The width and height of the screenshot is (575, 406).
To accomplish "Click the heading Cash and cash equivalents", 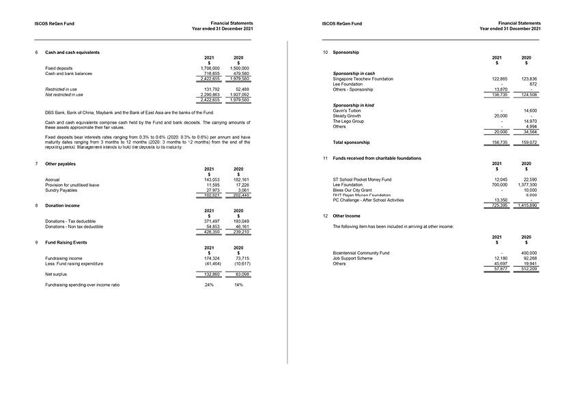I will coord(72,53).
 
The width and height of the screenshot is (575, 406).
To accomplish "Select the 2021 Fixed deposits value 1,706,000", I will coord(210,68).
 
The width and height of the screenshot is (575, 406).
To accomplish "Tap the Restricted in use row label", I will coord(61,89).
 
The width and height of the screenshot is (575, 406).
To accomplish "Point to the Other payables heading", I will coord(60,164).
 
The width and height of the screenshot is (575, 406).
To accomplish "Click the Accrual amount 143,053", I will coord(211,179).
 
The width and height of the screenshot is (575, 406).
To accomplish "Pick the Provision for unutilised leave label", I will coord(72,185).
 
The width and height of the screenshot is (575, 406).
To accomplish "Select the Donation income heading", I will coord(62,205).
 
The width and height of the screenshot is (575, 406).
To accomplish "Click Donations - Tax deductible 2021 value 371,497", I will coord(212,221).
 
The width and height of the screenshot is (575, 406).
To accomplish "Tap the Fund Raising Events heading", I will coord(66,242).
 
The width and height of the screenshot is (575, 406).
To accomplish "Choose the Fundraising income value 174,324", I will coord(212,259).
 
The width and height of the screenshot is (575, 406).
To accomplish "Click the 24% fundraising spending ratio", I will coord(210,285).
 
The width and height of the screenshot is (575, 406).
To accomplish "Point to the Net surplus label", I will coord(56,274).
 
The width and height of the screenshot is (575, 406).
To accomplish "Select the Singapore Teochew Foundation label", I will coord(363,78).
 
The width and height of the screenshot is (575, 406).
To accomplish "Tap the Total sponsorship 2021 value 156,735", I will coord(500,143).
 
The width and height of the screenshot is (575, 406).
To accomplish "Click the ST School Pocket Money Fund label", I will coord(362,179).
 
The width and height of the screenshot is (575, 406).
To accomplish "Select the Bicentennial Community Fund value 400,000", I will coord(528,253).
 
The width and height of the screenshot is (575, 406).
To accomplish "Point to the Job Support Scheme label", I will coord(352,259).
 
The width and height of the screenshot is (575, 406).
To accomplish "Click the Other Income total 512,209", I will coord(528,269).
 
